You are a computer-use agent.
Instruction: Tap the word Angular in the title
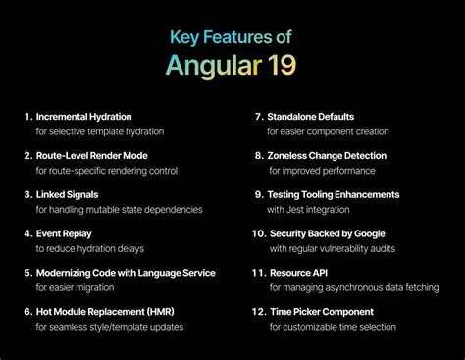coord(211,69)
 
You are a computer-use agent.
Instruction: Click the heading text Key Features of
coord(232,39)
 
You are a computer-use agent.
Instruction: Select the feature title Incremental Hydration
coord(83,117)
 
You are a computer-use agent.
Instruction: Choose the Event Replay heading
coord(66,233)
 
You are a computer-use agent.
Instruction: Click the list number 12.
coord(259,311)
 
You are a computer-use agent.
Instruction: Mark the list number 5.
coord(28,273)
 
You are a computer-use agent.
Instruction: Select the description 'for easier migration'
coord(79,287)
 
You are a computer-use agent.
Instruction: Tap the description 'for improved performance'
coord(321,170)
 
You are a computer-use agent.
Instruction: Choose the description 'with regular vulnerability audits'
coord(333,248)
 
